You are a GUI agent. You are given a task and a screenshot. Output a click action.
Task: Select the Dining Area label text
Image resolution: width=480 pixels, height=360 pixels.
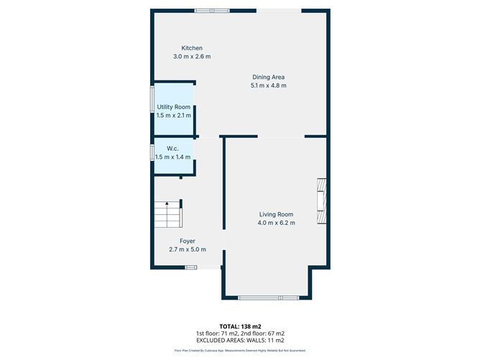click(269, 78)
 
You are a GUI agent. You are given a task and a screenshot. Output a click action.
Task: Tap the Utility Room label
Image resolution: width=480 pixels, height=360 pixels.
click(174, 107)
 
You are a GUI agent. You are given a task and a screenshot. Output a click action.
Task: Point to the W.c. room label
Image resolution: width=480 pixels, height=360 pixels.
click(173, 149)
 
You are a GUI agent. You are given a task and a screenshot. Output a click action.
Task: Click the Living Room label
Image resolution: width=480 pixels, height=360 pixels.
click(277, 214)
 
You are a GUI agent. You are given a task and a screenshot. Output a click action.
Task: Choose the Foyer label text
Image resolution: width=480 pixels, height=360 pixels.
click(187, 241)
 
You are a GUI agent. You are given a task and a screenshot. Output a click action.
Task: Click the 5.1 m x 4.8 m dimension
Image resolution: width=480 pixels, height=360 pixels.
click(269, 86)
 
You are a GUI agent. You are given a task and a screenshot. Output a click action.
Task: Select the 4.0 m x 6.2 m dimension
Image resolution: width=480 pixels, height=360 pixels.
click(277, 223)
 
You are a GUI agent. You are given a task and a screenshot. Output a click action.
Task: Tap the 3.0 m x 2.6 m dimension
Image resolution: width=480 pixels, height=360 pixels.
click(191, 57)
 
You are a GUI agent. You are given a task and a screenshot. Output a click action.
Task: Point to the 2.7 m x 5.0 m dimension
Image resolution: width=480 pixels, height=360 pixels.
click(187, 250)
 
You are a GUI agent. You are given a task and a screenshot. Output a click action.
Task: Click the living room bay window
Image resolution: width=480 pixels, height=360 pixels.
click(267, 298)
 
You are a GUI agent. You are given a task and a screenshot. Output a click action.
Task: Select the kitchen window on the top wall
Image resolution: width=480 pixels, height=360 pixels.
click(212, 10)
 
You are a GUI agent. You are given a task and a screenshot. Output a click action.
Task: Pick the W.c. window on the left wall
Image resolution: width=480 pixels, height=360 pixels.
click(152, 152)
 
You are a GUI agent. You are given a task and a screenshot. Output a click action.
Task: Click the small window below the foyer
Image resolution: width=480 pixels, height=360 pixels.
click(190, 268)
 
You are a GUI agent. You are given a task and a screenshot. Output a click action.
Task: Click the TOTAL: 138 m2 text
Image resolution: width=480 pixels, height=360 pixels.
click(239, 326)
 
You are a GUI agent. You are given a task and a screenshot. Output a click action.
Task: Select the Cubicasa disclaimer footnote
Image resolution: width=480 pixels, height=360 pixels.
click(239, 351)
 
